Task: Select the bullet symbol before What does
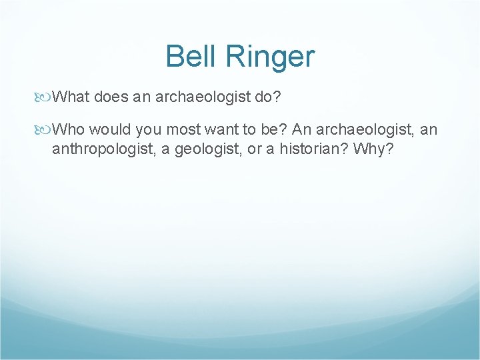click(x=45, y=98)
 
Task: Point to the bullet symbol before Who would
click(x=45, y=129)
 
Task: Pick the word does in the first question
click(x=110, y=98)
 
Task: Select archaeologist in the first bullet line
click(x=202, y=98)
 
